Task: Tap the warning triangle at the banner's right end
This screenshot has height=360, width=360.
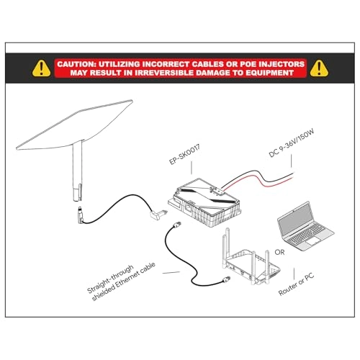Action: coord(319,68)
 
